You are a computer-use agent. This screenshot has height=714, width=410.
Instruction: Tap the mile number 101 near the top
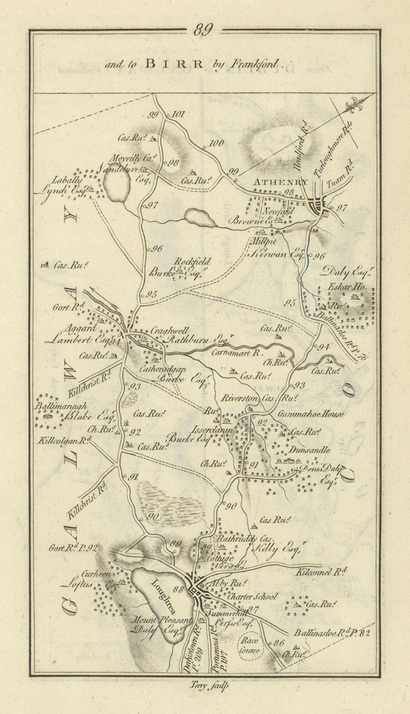(177, 114)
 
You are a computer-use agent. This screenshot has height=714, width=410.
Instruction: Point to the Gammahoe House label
(311, 414)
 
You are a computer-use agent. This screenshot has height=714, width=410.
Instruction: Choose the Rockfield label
(193, 262)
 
